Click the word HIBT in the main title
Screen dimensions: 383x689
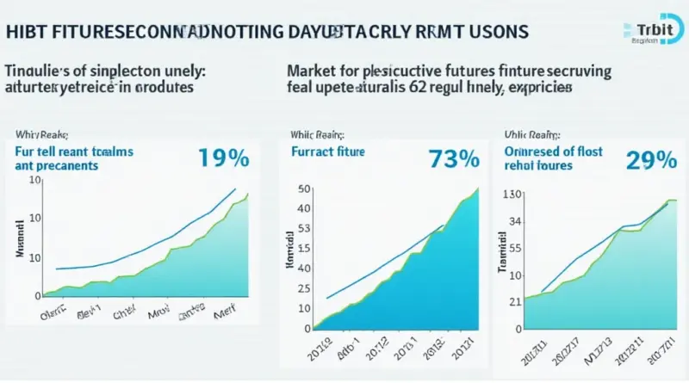[28, 32]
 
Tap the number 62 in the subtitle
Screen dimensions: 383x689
[454, 88]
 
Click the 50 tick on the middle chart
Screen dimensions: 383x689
[302, 189]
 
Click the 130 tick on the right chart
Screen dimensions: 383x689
[512, 195]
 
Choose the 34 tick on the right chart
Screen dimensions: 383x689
[515, 222]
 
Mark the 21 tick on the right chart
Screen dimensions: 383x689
[515, 301]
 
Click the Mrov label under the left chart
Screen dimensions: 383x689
[158, 315]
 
